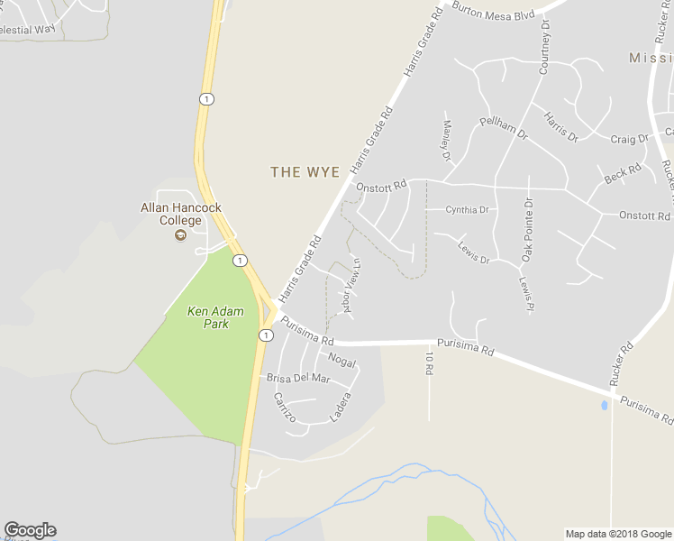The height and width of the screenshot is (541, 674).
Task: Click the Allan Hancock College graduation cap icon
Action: pos(180,236)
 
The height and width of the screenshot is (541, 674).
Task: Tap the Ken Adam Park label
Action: pos(208,317)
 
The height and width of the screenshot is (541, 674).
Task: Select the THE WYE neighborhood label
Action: pos(305,171)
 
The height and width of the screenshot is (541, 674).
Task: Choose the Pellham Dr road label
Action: pos(504,128)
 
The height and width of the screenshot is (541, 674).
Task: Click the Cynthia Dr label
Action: pos(467,210)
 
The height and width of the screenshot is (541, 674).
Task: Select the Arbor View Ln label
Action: pos(351,287)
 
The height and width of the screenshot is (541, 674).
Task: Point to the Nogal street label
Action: pos(342,361)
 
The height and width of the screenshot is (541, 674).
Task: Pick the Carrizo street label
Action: pos(285,408)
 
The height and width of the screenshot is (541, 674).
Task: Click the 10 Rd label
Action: pos(429,363)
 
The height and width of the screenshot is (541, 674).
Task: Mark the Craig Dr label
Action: pos(629,139)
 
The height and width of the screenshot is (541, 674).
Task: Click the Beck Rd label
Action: pos(623,173)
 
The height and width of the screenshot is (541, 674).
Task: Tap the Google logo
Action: pos(30,530)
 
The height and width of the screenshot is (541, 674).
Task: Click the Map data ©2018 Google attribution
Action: pos(618,534)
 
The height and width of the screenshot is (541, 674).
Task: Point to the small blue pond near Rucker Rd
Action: pos(604,405)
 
